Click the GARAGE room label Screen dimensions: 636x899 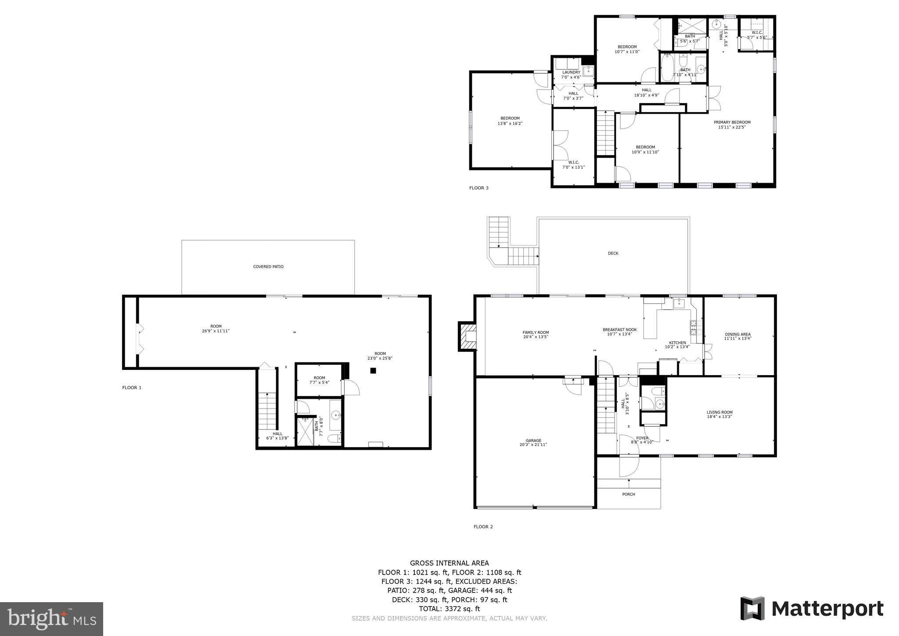tap(533, 441)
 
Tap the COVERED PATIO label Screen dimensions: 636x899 tap(268, 267)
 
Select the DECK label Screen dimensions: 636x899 tap(613, 253)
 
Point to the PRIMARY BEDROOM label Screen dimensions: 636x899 tap(732, 123)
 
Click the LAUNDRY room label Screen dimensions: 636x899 tap(571, 72)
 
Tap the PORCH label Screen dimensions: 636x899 tap(628, 494)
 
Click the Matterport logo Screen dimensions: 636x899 tap(812, 609)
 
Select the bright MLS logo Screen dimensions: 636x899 tap(51, 619)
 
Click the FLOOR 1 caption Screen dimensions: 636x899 tap(132, 387)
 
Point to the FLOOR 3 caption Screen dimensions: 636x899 tap(478, 188)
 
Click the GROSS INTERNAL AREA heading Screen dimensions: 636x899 tap(449, 563)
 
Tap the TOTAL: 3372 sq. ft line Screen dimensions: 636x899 tap(449, 609)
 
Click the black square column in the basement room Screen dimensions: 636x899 tap(373, 371)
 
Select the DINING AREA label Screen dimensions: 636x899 tap(737, 334)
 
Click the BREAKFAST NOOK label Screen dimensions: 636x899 tap(619, 329)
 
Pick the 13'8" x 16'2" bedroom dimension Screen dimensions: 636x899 tap(510, 123)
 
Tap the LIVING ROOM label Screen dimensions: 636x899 tap(719, 412)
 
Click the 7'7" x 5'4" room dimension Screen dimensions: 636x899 tap(319, 383)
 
